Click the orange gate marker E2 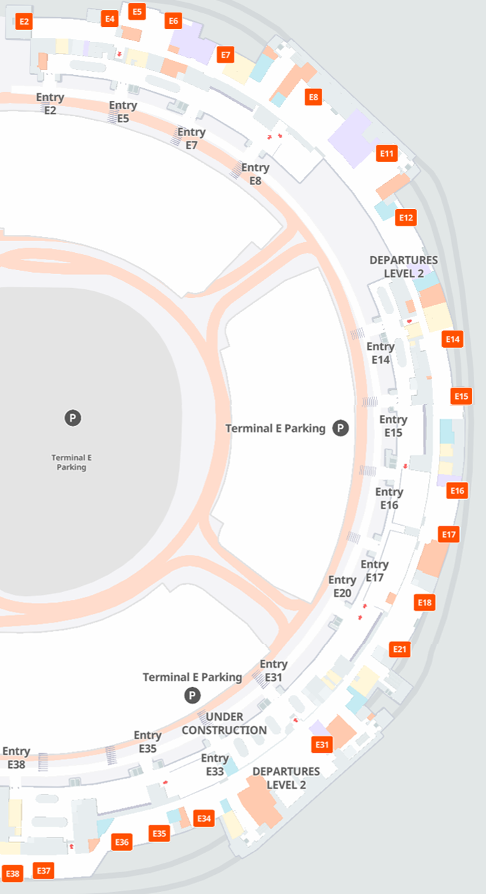click(24, 21)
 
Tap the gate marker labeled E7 click(226, 54)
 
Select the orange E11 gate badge click(386, 154)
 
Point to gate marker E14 click(452, 339)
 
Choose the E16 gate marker click(457, 491)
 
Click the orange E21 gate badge click(399, 649)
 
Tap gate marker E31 click(322, 745)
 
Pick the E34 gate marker click(204, 818)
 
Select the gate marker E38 click(13, 874)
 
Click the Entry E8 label click(255, 174)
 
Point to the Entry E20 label click(342, 587)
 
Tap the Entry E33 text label click(214, 765)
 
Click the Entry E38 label click(16, 758)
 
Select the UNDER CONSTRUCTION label click(224, 723)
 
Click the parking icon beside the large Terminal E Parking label click(341, 428)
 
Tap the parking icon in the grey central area click(72, 418)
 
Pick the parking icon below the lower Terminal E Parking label click(192, 695)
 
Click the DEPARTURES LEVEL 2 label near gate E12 click(404, 266)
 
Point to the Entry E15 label click(393, 426)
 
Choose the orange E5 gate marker click(137, 11)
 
